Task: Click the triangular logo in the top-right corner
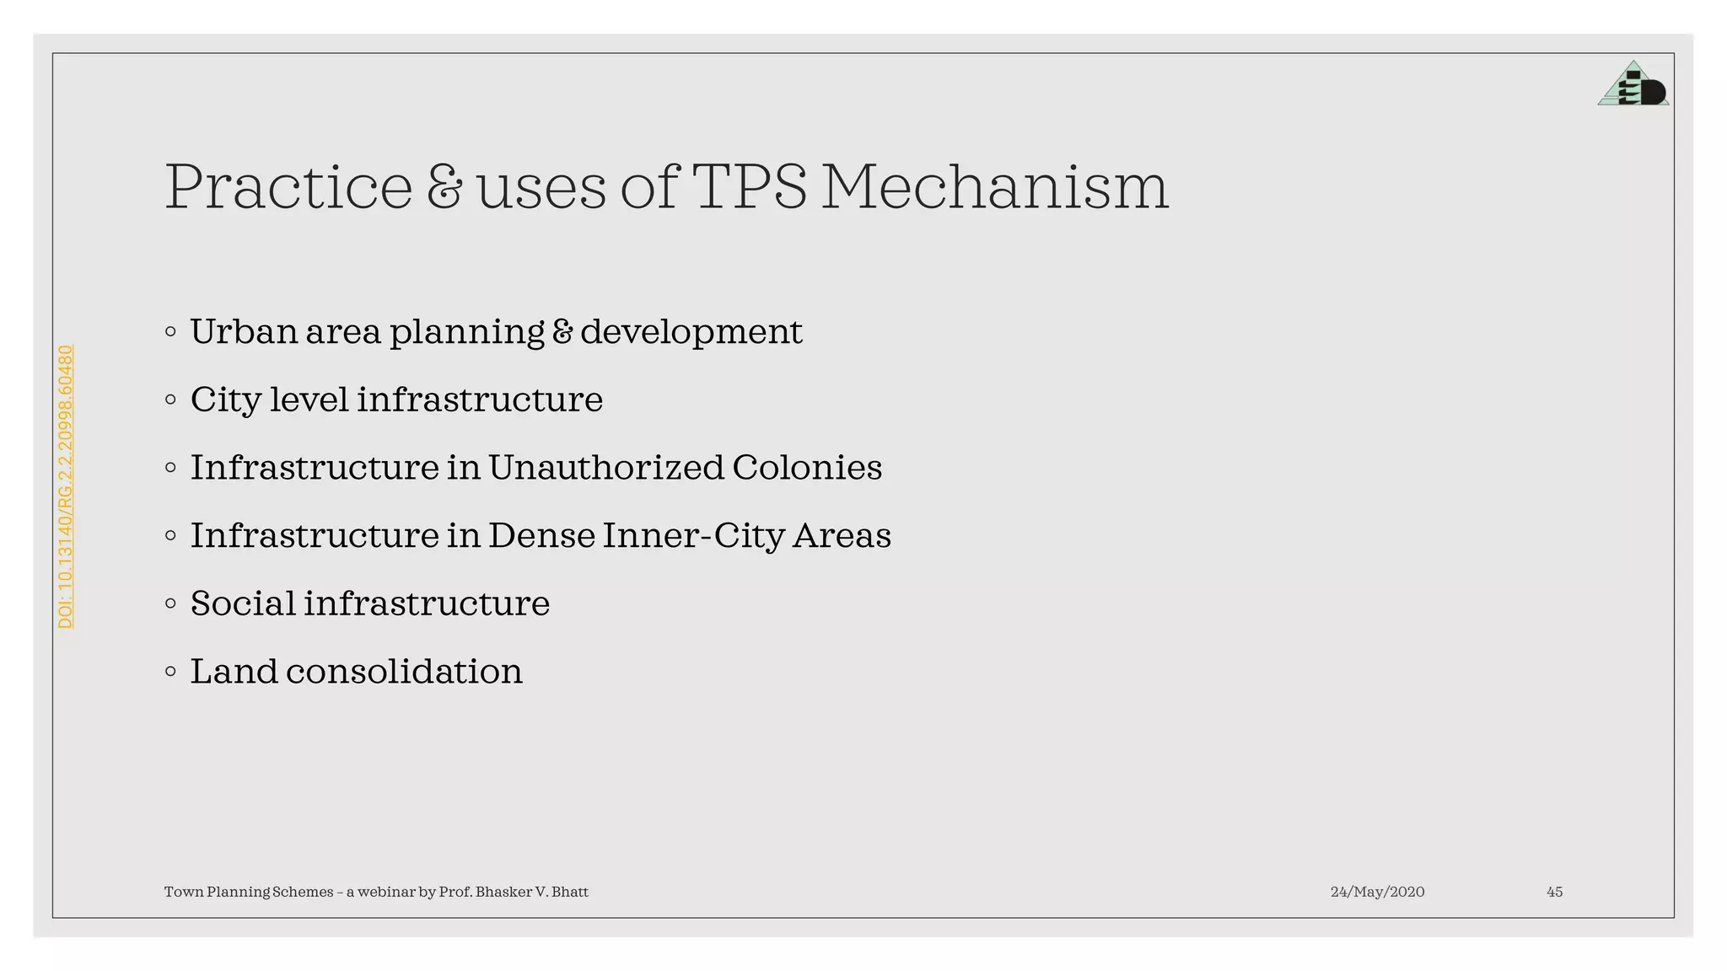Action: (1633, 84)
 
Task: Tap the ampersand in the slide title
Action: (444, 187)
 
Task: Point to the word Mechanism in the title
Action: (995, 187)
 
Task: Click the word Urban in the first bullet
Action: (245, 332)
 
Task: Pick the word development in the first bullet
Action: (691, 332)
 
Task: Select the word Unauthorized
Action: (605, 468)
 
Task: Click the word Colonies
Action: (807, 468)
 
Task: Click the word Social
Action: (243, 604)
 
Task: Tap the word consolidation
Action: (404, 672)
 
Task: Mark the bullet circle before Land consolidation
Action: (171, 672)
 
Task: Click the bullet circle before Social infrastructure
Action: (171, 604)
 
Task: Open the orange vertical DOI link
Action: (66, 486)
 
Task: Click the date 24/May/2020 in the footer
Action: (1377, 892)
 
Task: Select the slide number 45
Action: (1554, 892)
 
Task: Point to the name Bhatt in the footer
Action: (569, 892)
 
